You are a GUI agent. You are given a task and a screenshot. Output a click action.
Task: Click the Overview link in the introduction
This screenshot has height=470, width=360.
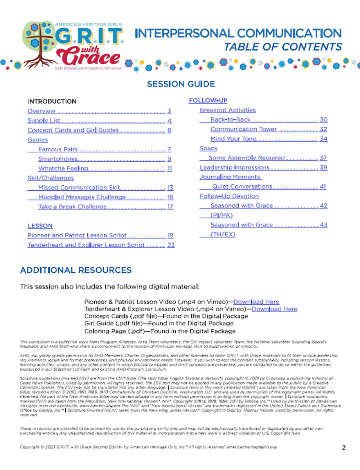pos(41,111)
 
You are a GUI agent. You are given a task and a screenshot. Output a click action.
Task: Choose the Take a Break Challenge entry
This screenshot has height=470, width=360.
pos(72,207)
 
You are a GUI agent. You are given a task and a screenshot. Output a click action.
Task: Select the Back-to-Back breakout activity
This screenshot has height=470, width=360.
pos(230,119)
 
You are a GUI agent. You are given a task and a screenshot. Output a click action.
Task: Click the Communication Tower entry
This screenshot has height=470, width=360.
pos(243,129)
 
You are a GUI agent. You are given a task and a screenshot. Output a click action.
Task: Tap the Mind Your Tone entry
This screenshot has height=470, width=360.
pos(233,139)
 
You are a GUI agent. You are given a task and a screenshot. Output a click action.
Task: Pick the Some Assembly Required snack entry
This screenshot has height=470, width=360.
pos(247,158)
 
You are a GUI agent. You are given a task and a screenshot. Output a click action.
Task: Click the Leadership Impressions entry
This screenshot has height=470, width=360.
pos(234,168)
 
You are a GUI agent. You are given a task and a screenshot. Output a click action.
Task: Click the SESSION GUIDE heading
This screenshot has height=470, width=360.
pos(181,84)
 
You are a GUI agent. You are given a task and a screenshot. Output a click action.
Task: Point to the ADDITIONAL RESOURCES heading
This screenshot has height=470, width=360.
pos(76,270)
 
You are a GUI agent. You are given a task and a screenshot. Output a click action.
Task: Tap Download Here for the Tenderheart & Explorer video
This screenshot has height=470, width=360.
pos(274,309)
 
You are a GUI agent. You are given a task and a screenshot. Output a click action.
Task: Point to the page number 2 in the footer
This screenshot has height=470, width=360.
pos(344,447)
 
